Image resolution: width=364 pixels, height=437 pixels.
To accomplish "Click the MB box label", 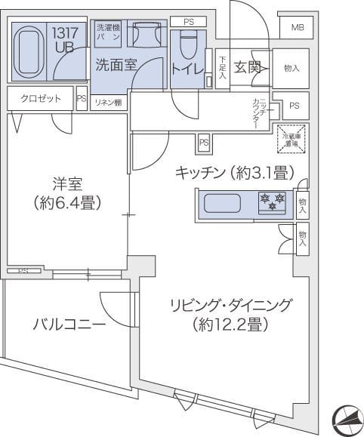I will pyautogui.click(x=297, y=28).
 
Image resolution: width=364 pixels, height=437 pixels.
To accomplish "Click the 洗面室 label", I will pyautogui.click(x=116, y=66).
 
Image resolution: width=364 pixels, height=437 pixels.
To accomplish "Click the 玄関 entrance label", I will pyautogui.click(x=246, y=66).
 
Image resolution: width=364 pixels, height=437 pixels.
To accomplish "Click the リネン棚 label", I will pyautogui.click(x=107, y=103).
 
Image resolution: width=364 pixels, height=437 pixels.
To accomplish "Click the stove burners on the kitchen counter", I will pyautogui.click(x=271, y=202).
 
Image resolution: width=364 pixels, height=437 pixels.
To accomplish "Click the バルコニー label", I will pyautogui.click(x=69, y=325).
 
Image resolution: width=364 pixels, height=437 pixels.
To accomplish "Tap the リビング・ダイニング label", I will pyautogui.click(x=228, y=306).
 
